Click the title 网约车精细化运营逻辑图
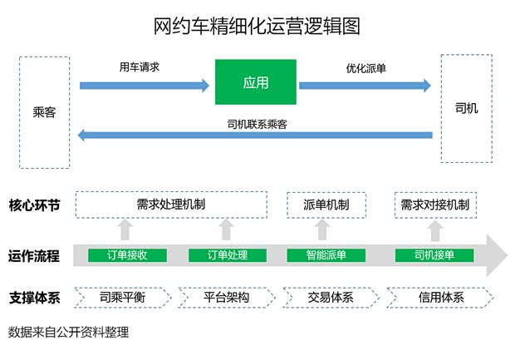coord(257,26)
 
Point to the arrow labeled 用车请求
coord(145,84)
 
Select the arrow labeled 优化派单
coord(365,84)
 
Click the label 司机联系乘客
coord(257,124)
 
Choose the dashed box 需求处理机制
coord(171,205)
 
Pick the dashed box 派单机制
coord(326,205)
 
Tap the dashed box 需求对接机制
coord(434,205)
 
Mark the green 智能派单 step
coord(326,254)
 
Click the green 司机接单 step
coord(434,254)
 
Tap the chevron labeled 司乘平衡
coord(123,297)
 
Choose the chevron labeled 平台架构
coord(226,297)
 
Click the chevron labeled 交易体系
coord(330,297)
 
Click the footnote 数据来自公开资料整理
coord(68,332)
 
